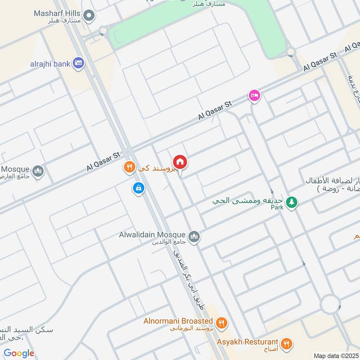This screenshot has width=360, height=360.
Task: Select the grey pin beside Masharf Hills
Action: pos(89,17)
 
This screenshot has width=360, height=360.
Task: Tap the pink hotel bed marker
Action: pos(255,95)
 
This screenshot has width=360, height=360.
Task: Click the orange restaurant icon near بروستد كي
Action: pos(130,168)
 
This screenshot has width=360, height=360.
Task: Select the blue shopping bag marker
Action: pos(138,188)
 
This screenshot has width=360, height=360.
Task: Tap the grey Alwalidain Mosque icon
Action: pos(194,236)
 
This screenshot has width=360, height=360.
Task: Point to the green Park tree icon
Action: pos(292,202)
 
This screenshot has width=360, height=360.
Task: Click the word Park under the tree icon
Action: pos(277,207)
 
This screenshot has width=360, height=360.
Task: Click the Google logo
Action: pos(19,353)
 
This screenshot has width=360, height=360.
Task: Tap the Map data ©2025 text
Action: pos(336,355)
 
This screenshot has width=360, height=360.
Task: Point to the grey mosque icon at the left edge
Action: pos(38,171)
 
